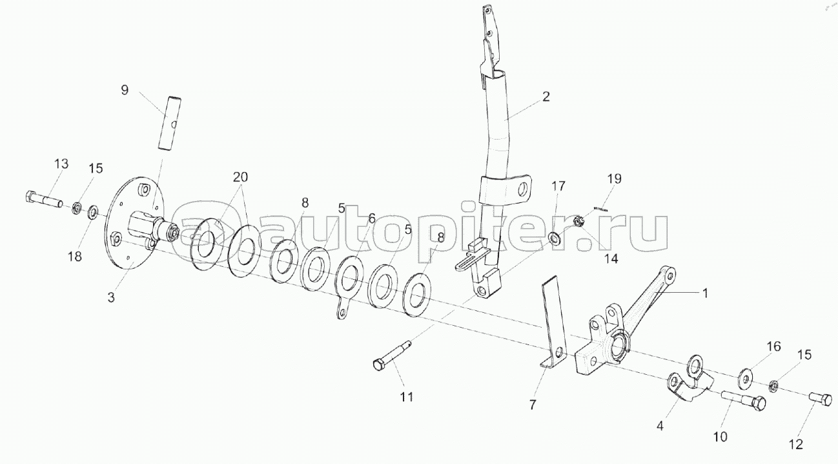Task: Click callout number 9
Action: click(125, 90)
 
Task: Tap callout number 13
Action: click(60, 164)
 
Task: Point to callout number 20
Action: click(240, 177)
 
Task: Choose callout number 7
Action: click(532, 405)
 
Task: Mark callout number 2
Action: click(546, 97)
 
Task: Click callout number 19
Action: click(614, 178)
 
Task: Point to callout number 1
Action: click(705, 293)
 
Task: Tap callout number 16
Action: click(773, 346)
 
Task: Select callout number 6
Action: click(371, 218)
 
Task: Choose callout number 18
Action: click(75, 256)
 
